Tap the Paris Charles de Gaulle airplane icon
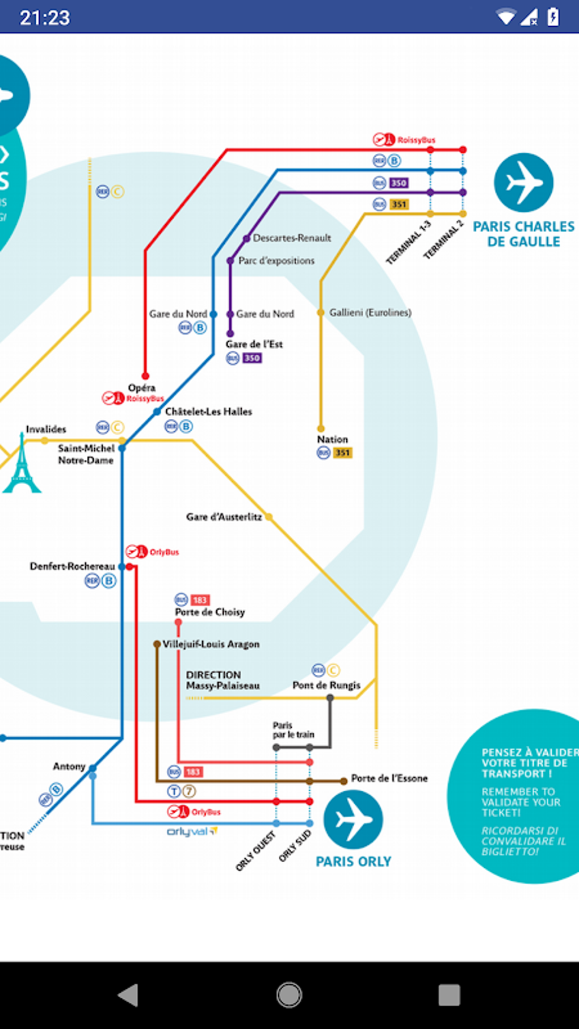click(x=523, y=183)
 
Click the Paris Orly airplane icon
click(x=353, y=820)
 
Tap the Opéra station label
click(x=141, y=388)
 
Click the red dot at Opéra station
click(x=145, y=376)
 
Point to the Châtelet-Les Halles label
click(x=208, y=411)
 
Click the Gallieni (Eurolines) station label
click(x=370, y=313)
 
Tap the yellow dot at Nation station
click(x=321, y=429)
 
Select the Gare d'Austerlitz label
click(x=224, y=517)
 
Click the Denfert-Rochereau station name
click(x=72, y=566)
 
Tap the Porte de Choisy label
click(x=209, y=612)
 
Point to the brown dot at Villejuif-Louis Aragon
click(x=157, y=644)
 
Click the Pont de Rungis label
click(x=326, y=685)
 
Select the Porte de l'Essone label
click(x=389, y=778)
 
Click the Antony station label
click(x=69, y=766)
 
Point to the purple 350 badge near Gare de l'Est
click(x=252, y=358)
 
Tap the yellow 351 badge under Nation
click(x=342, y=453)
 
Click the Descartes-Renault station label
click(x=292, y=238)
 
